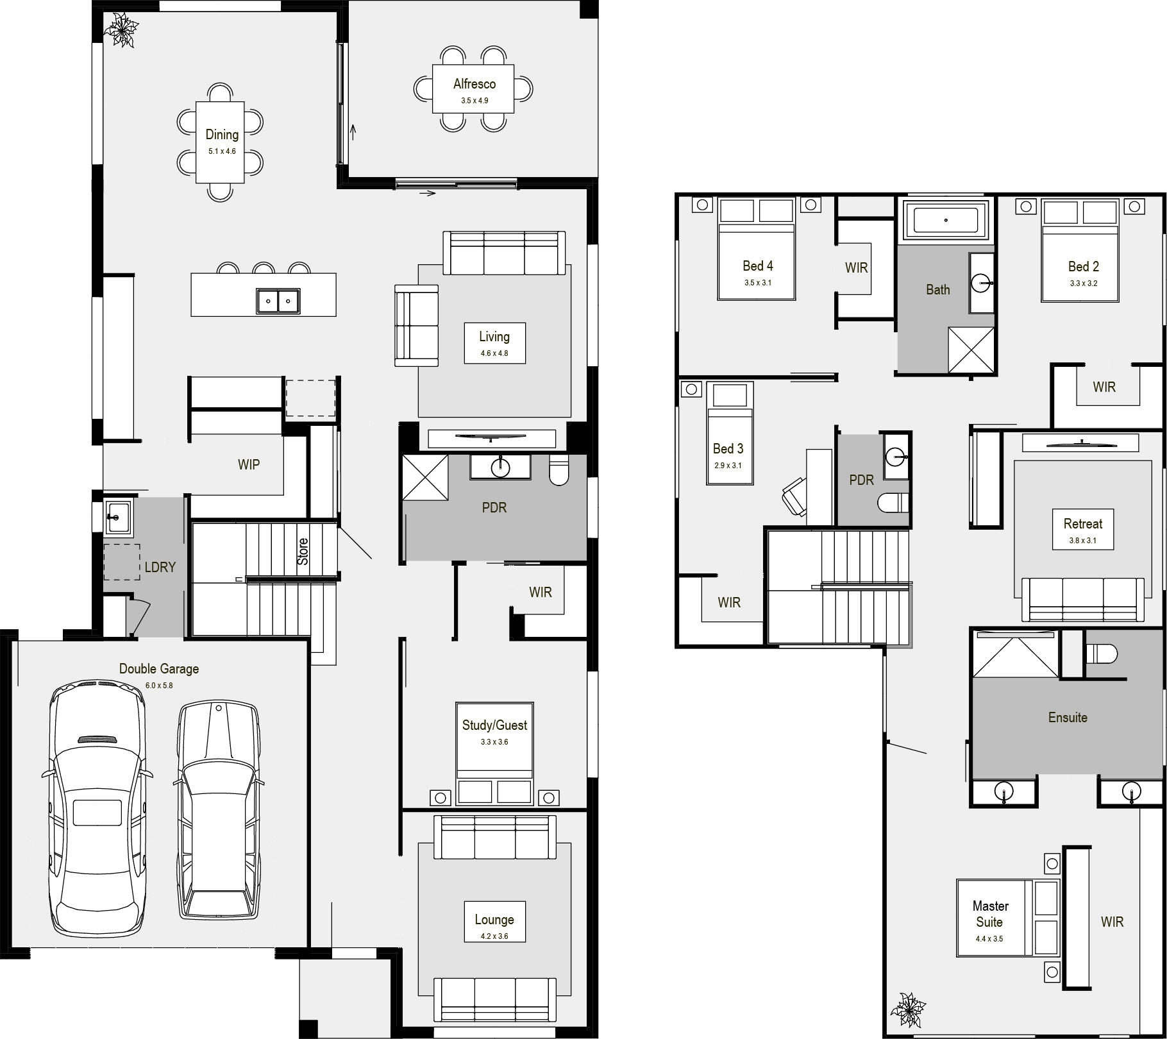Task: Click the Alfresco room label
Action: click(474, 84)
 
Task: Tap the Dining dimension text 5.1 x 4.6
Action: click(222, 152)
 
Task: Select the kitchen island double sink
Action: click(278, 301)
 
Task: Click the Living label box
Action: click(494, 343)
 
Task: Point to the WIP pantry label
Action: click(249, 464)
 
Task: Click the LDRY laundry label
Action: click(160, 567)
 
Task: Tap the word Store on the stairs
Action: click(303, 552)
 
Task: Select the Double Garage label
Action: click(159, 668)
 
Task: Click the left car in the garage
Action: click(97, 809)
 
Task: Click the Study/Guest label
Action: click(494, 725)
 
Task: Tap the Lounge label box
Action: click(494, 922)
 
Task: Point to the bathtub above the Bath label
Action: click(946, 220)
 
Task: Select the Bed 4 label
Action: click(758, 266)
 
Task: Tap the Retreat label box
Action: click(1083, 530)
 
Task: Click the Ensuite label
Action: click(1068, 718)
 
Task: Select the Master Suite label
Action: click(990, 914)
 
